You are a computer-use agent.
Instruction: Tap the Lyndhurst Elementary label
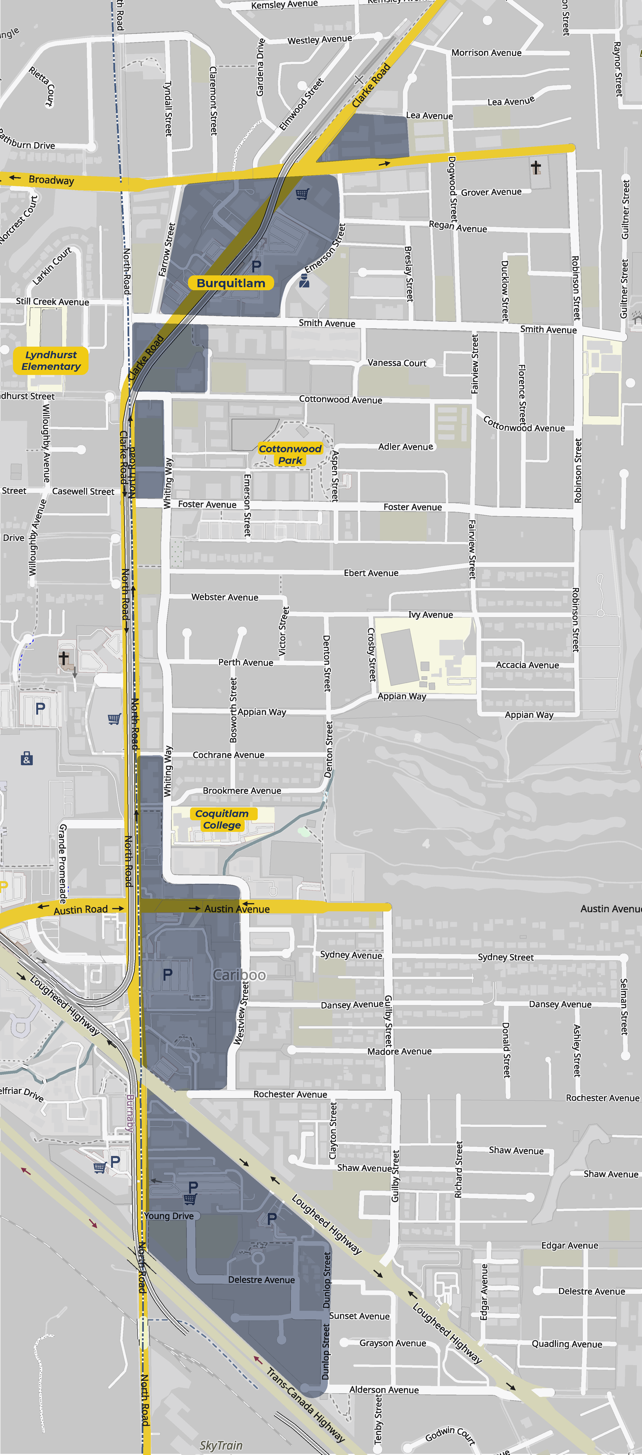(x=51, y=360)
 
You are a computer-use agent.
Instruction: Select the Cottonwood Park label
(x=290, y=454)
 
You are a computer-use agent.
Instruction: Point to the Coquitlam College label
(x=222, y=819)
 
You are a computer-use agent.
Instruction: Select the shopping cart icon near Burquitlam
(x=302, y=194)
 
